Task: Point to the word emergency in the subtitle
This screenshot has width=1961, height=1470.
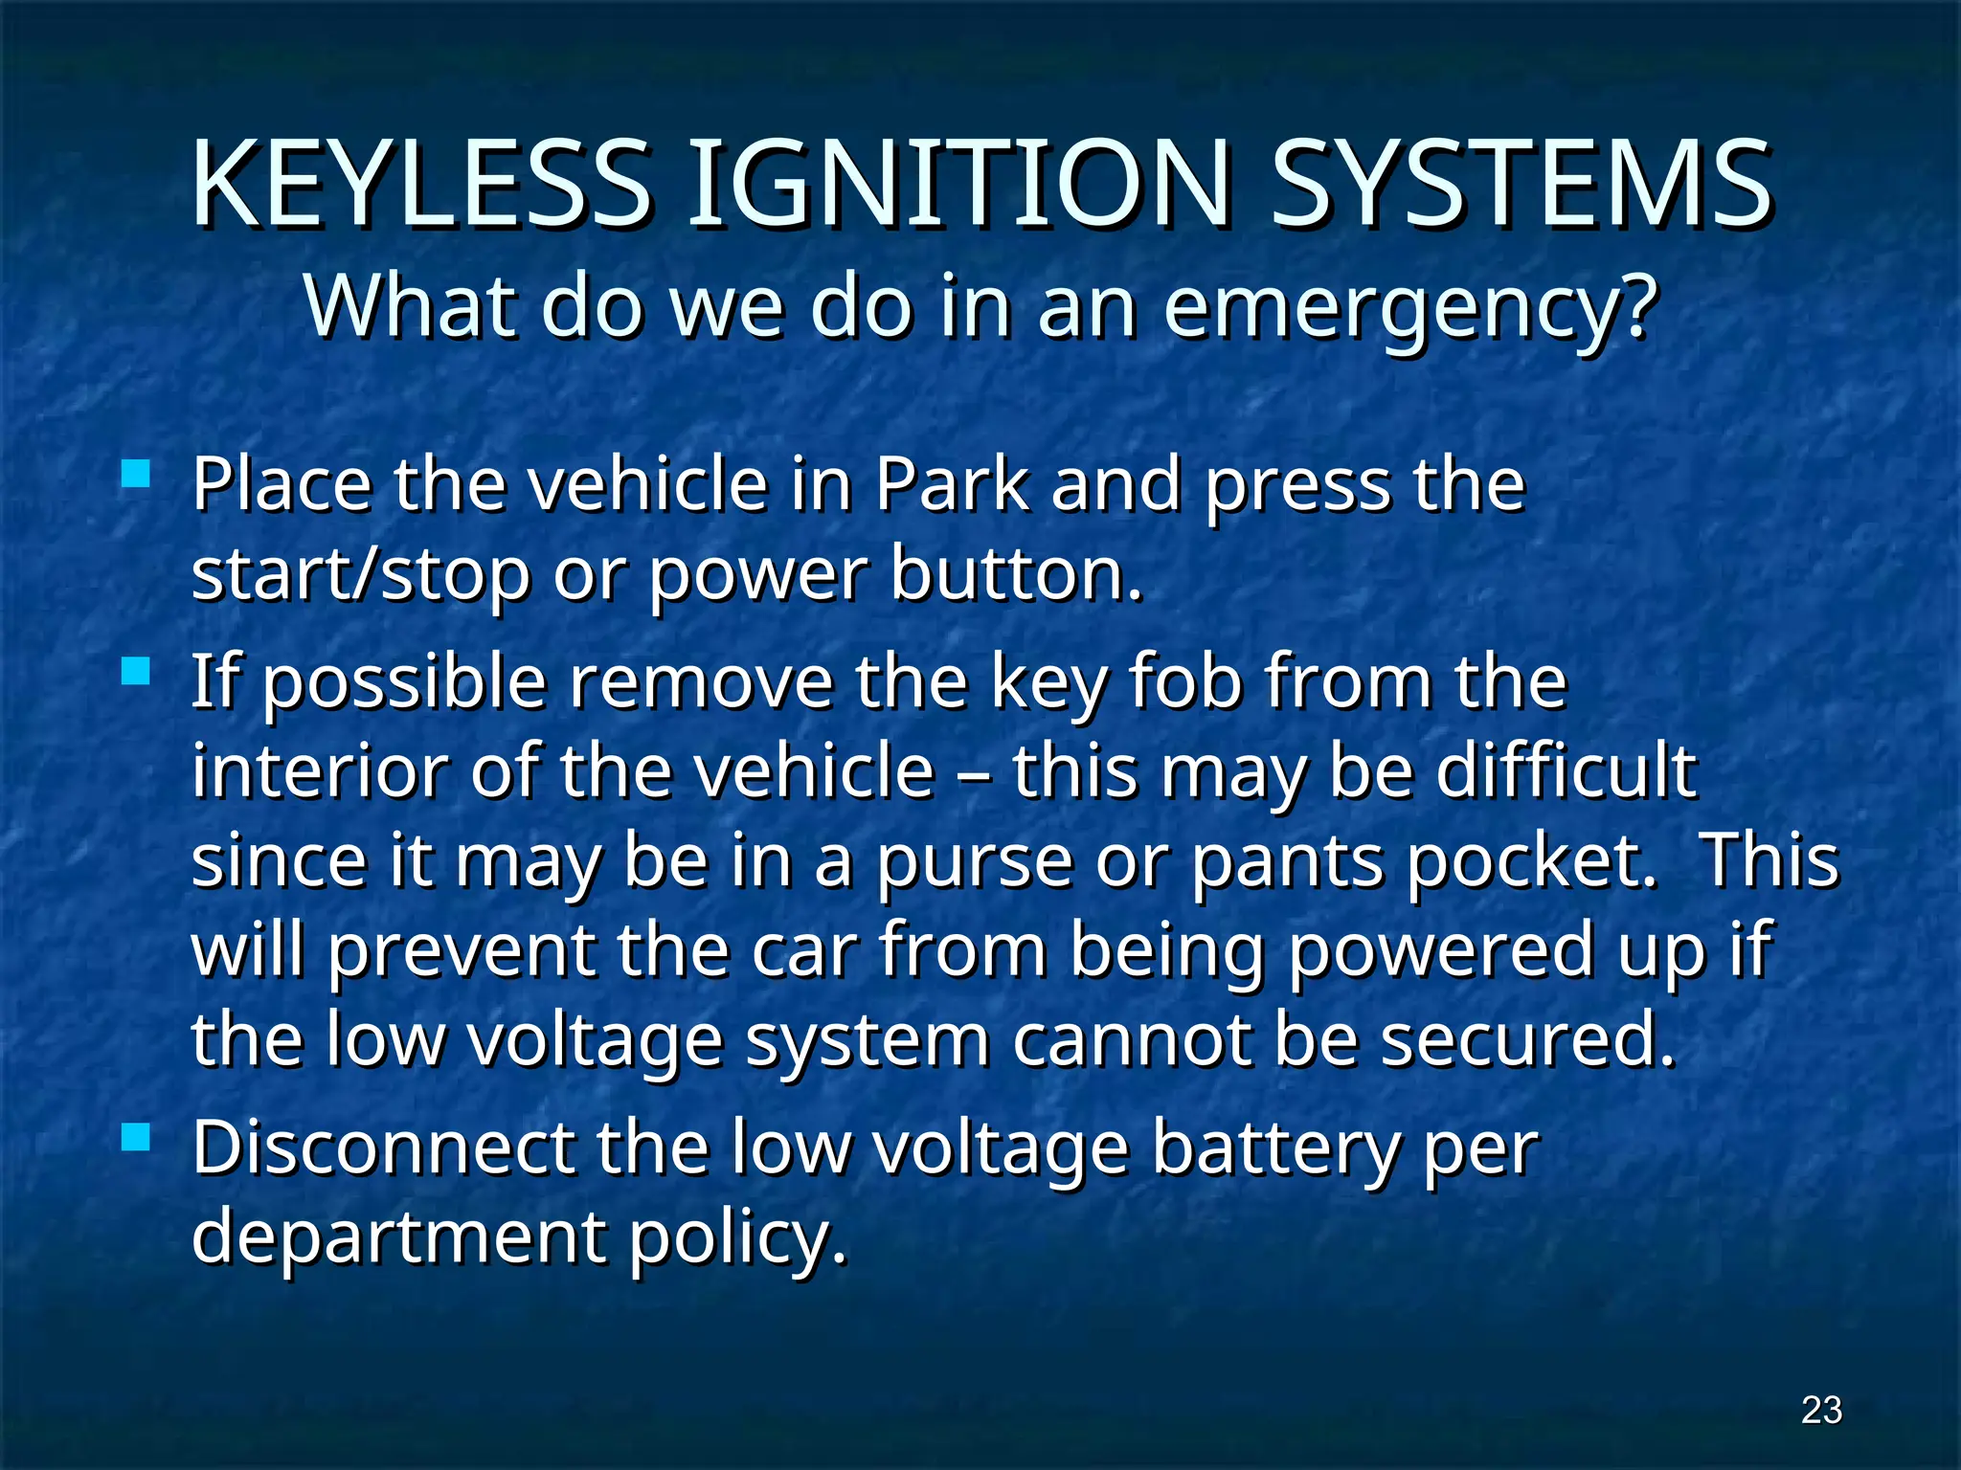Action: coord(1409,308)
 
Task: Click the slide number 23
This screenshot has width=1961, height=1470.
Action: coord(1821,1410)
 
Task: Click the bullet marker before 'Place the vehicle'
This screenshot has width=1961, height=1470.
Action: coord(137,474)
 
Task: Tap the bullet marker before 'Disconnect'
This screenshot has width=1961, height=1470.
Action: coord(137,1137)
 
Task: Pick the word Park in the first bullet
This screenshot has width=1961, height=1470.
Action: coord(952,484)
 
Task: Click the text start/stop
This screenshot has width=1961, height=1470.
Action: coord(360,574)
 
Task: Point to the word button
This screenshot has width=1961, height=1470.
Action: coord(1017,574)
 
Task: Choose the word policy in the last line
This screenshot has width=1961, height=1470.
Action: coord(737,1237)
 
